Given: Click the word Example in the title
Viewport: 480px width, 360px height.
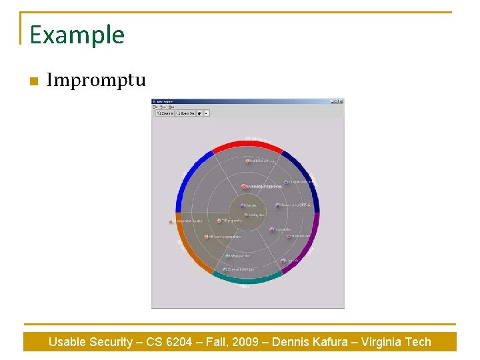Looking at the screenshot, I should (x=77, y=35).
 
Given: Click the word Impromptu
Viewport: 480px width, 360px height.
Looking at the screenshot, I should (x=96, y=81).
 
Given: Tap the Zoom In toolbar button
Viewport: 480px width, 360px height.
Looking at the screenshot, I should (x=165, y=113).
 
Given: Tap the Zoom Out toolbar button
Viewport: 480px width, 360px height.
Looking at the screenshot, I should (x=185, y=113).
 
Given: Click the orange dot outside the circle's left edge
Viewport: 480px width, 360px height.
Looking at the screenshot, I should (x=171, y=221).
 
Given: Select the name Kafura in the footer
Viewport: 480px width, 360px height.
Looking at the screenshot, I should (x=327, y=342).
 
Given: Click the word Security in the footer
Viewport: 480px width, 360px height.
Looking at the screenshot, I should (x=109, y=342).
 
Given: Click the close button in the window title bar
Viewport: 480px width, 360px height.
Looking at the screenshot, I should (x=341, y=102).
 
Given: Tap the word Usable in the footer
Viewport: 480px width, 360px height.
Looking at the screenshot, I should (x=67, y=342).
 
